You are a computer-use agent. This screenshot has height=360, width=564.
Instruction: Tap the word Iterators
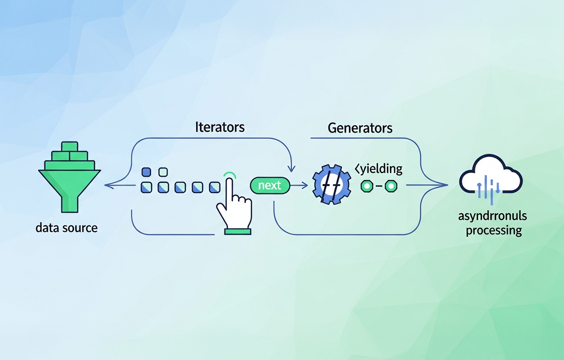click(219, 128)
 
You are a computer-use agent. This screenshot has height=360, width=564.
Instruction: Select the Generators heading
click(360, 128)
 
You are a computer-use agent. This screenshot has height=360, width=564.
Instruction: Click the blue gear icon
click(331, 184)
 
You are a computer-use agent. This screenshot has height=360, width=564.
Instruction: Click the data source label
click(67, 228)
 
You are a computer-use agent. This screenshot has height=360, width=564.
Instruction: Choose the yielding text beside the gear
click(378, 168)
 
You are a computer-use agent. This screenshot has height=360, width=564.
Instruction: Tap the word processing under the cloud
click(493, 230)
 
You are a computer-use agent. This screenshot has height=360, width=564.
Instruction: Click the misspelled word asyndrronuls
click(492, 216)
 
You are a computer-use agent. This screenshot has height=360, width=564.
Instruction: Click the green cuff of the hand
click(238, 230)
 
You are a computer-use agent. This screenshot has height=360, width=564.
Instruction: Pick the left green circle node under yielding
click(367, 186)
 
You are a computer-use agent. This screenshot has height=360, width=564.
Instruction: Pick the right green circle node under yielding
click(391, 186)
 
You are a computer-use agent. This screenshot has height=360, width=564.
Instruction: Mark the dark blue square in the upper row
click(146, 172)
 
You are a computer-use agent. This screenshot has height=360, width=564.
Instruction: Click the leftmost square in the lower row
click(146, 188)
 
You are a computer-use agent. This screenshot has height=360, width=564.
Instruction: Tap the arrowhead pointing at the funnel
click(107, 186)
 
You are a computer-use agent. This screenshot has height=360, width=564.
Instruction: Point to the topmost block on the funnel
click(70, 146)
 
